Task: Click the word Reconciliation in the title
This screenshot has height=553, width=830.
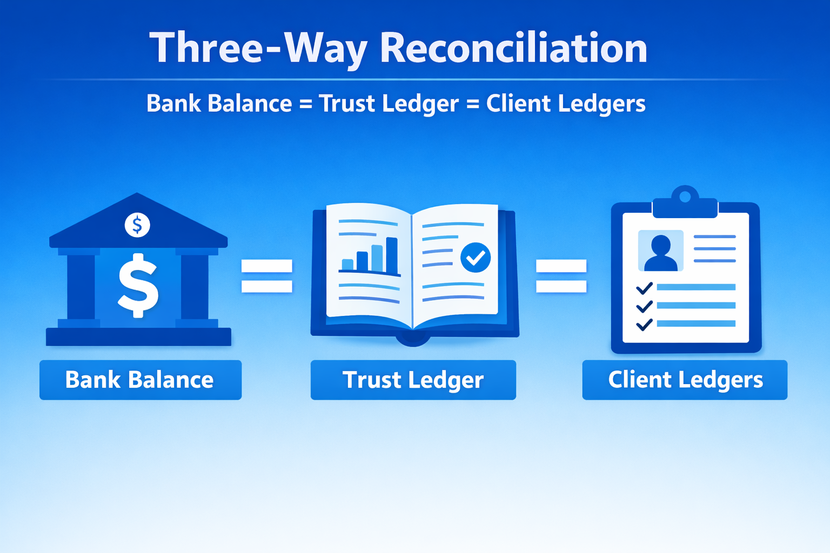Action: [x=513, y=49]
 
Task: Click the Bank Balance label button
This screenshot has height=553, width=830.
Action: [x=140, y=380]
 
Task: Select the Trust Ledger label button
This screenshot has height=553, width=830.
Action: [x=413, y=380]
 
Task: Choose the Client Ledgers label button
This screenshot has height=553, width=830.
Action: [x=685, y=380]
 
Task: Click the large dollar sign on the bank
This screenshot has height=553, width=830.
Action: [x=138, y=285]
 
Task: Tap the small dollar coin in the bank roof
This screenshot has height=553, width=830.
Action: [x=137, y=225]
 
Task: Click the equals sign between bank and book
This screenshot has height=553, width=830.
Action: [x=266, y=276]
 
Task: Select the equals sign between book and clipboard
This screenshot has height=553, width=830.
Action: [x=561, y=276]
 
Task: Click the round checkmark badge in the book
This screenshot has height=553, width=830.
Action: [x=476, y=257]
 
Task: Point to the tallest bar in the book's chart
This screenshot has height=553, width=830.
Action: [x=391, y=255]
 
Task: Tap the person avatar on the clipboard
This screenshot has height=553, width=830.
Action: [x=660, y=251]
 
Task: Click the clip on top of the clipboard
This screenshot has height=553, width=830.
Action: [x=685, y=202]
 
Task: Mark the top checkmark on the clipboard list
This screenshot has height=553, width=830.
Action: [x=644, y=288]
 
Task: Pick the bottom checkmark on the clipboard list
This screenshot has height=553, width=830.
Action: [x=644, y=325]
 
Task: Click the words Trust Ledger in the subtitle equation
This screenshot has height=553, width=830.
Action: [x=389, y=104]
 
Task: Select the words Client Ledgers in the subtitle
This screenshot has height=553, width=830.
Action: [x=565, y=104]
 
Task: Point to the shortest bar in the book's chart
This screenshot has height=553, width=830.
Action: [x=347, y=264]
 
